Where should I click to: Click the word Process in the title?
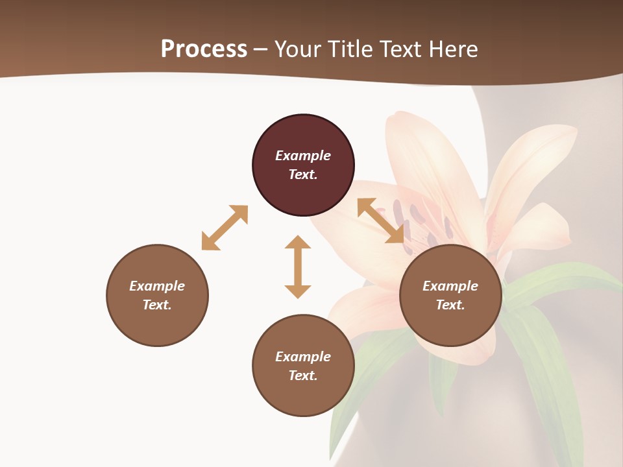coord(204,49)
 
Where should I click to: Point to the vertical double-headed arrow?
coord(298,267)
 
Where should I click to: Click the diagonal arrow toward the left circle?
coord(225,228)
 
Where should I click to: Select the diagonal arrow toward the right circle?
coord(380,221)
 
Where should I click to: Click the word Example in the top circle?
coord(303,156)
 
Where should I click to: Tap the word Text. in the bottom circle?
coord(303,376)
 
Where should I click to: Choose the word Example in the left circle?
coord(157,286)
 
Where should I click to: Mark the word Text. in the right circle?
coord(450,305)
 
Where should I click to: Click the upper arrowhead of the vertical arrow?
coord(298,243)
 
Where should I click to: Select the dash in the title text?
coord(261,49)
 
